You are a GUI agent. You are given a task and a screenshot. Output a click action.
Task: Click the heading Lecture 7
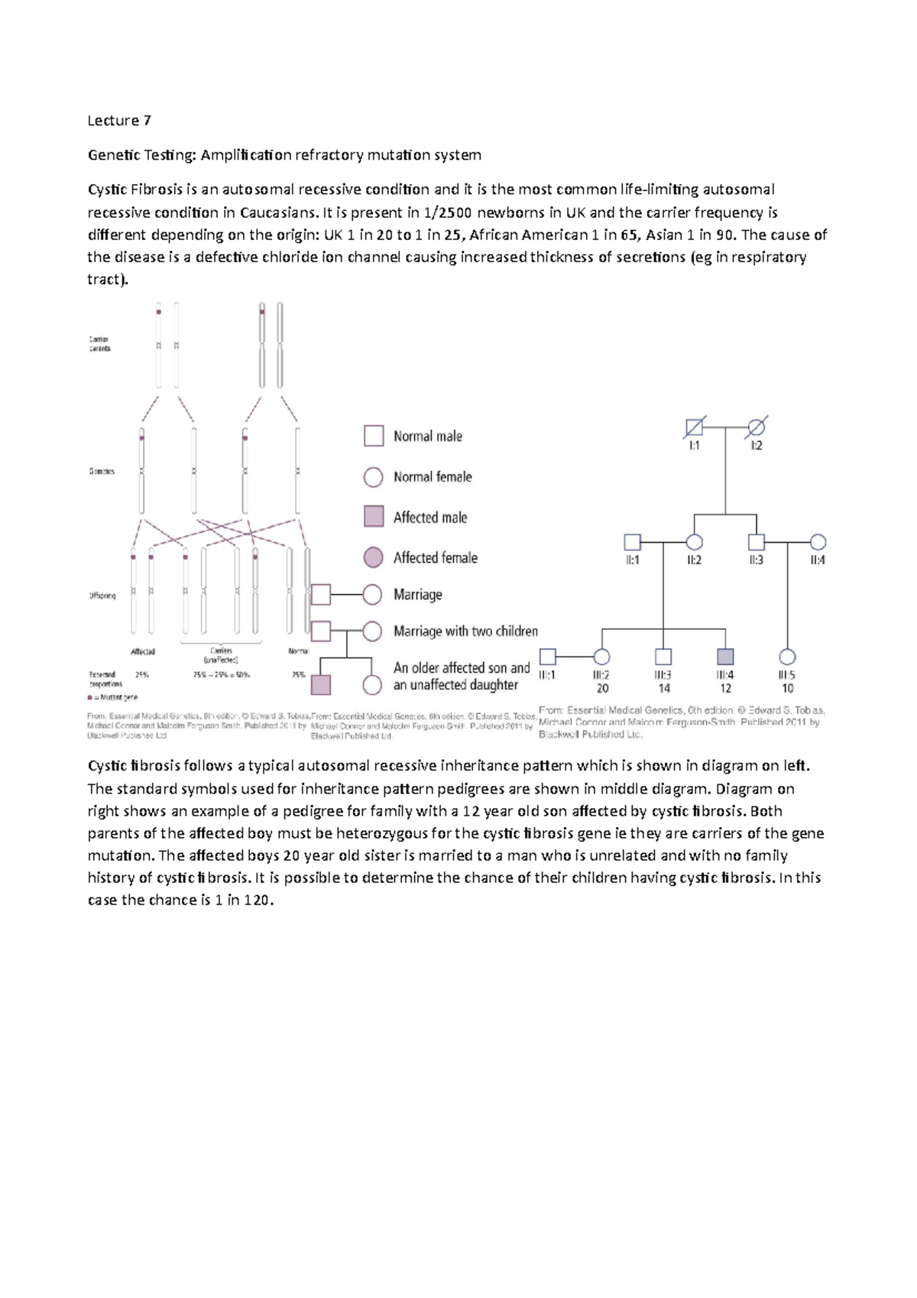pos(119,120)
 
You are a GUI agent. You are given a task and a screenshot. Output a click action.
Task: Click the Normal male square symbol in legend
pos(373,436)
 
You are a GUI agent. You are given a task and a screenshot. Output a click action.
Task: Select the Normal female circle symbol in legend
pos(373,477)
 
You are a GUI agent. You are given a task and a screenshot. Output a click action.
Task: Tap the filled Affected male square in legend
pos(373,517)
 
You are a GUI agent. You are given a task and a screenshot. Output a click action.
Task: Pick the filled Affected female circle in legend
pos(373,557)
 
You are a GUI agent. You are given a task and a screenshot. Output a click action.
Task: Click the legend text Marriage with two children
pos(465,631)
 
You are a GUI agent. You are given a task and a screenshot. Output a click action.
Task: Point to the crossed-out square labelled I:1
pos(694,427)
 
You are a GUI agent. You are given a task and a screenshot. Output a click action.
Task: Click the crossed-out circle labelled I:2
pos(756,427)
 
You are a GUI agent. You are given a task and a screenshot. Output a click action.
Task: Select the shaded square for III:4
pos(725,657)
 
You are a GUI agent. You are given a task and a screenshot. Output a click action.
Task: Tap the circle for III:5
pos(787,657)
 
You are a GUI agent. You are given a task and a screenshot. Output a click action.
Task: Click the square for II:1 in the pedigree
pos(632,542)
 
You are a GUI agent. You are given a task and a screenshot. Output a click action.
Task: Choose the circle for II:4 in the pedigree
pos(818,542)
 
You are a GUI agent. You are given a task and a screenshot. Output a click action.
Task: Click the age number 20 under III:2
pos(602,689)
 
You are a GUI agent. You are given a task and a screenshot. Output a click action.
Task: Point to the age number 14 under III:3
pos(664,689)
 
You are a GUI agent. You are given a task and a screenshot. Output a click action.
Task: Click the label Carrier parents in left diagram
pos(99,343)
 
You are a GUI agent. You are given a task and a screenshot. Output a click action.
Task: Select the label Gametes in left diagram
pos(102,471)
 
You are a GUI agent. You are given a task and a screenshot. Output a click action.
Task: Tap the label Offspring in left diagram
pos(102,595)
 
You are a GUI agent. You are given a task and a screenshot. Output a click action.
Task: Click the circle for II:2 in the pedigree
pos(694,542)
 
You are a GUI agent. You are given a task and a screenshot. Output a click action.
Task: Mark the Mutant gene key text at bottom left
pos(115,697)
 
